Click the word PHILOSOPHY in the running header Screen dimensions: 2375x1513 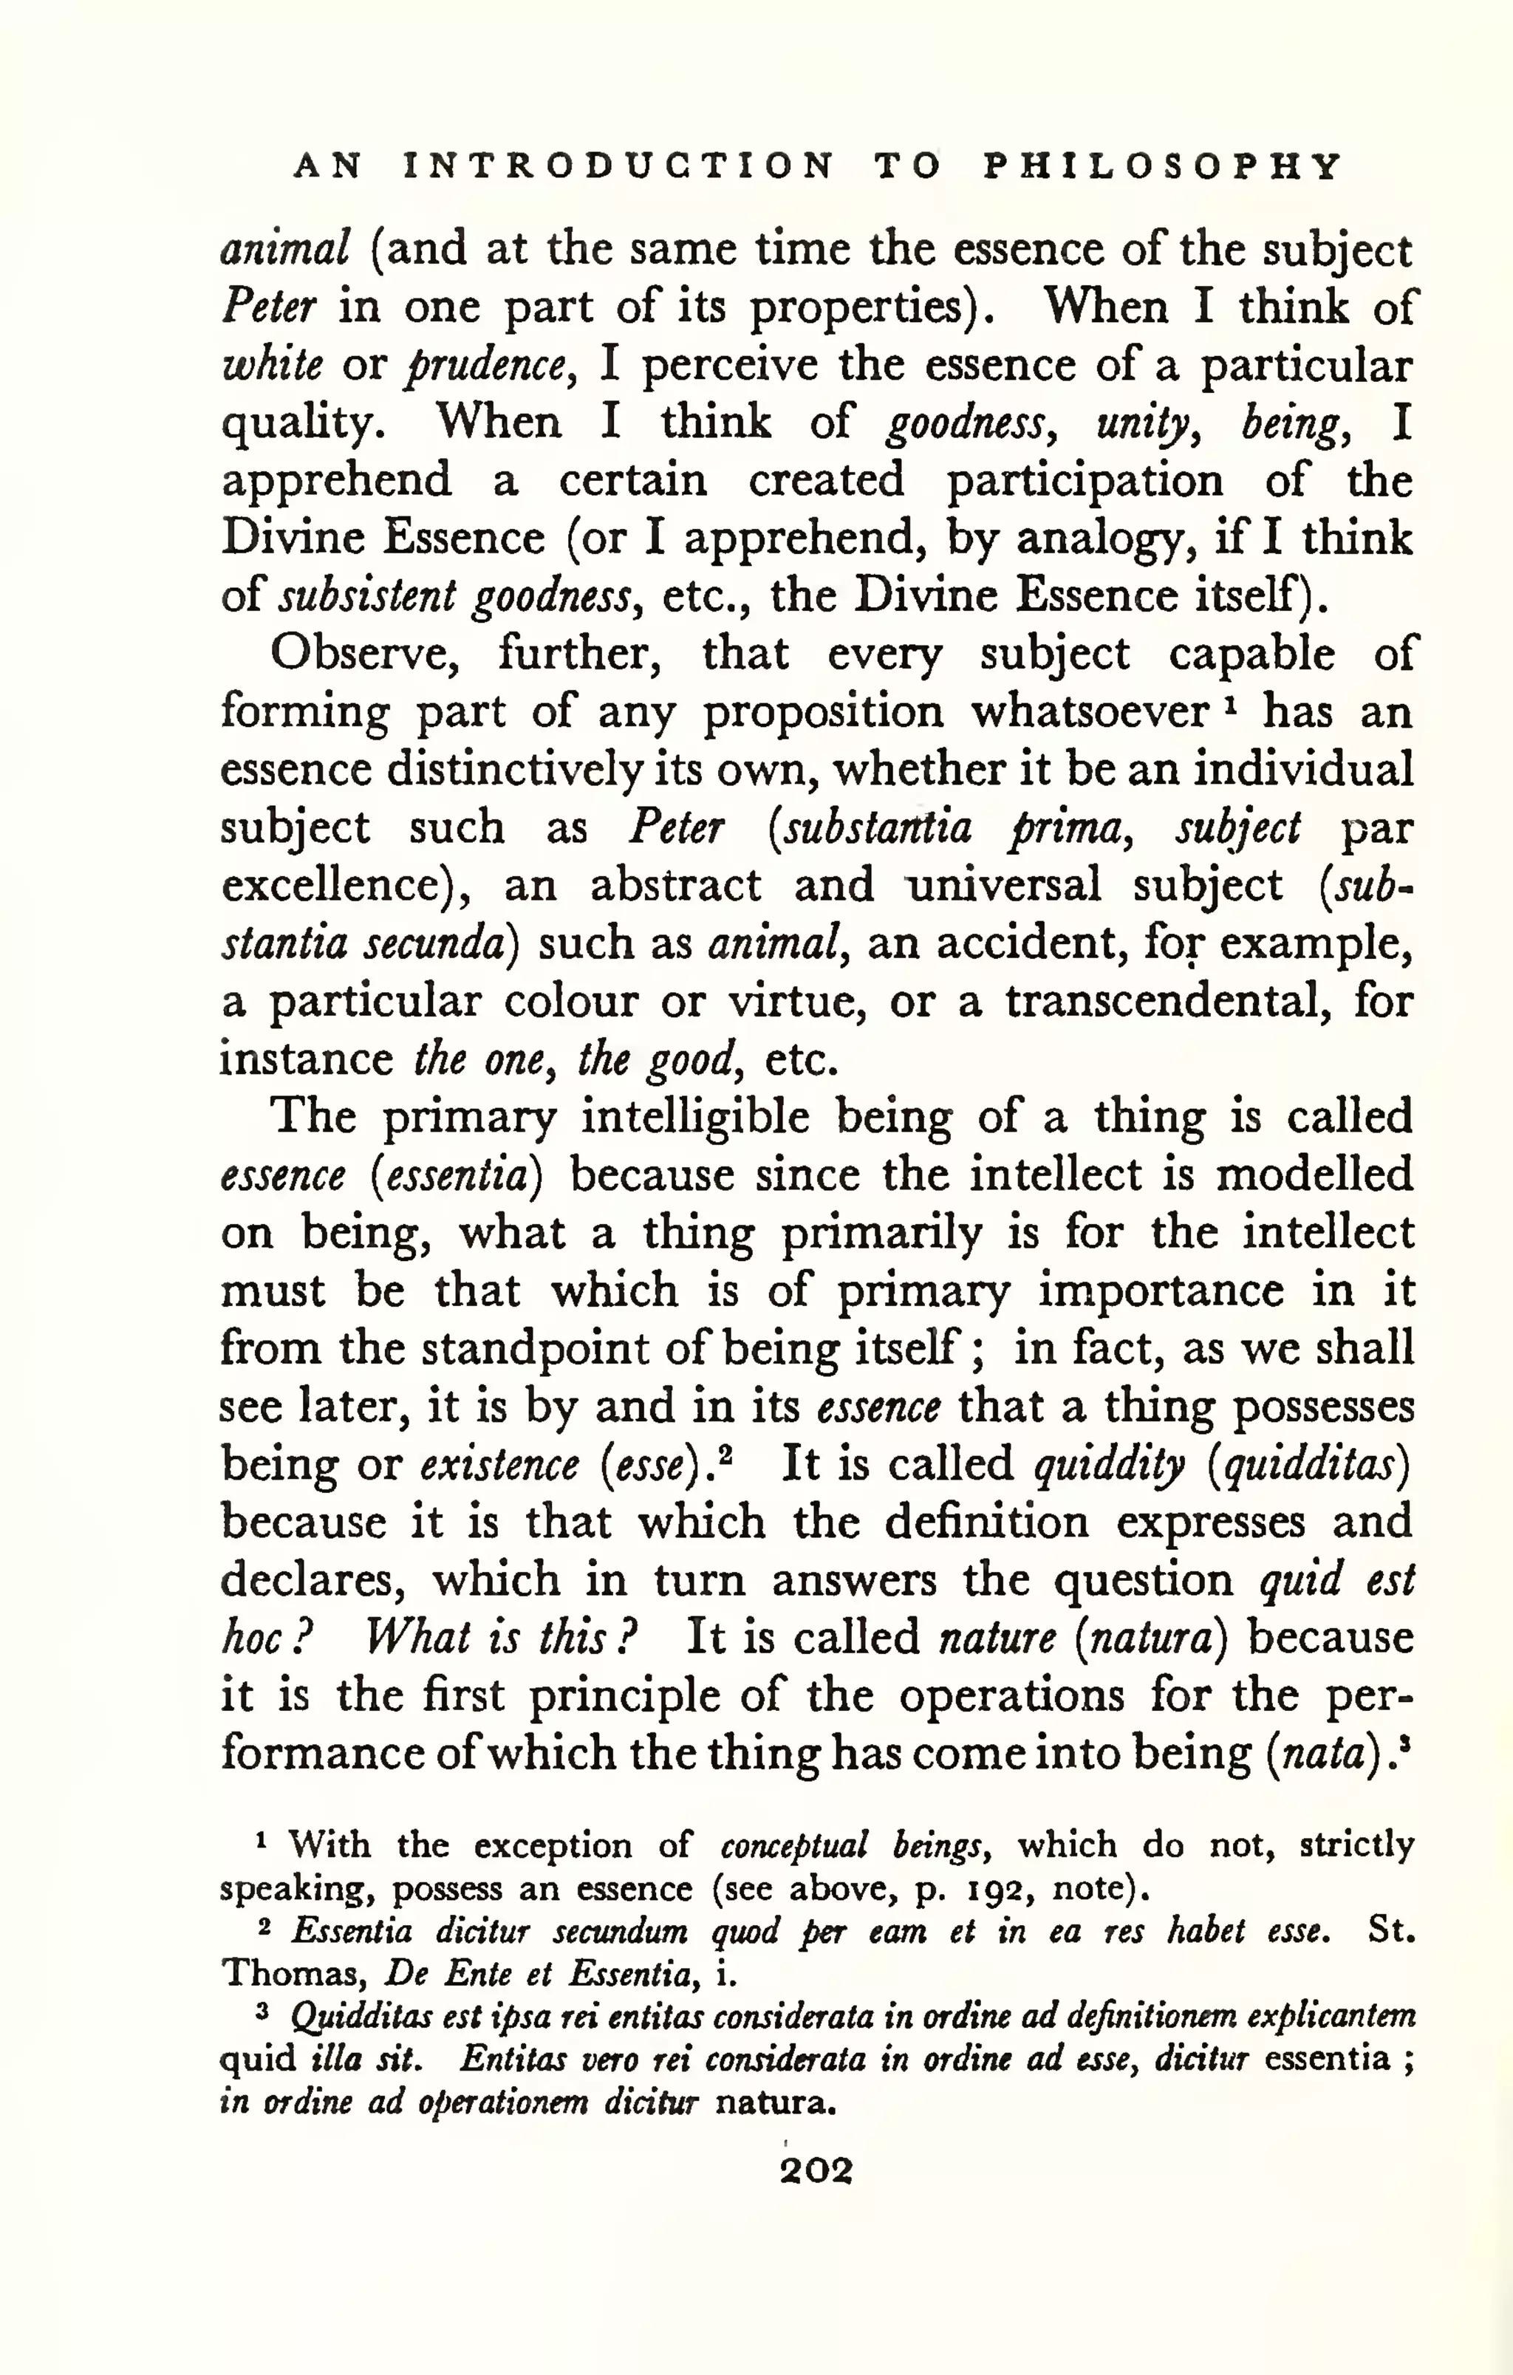point(1164,165)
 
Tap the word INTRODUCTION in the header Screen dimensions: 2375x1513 point(619,165)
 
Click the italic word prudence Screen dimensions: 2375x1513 point(488,366)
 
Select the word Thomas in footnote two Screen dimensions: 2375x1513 point(294,1974)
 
